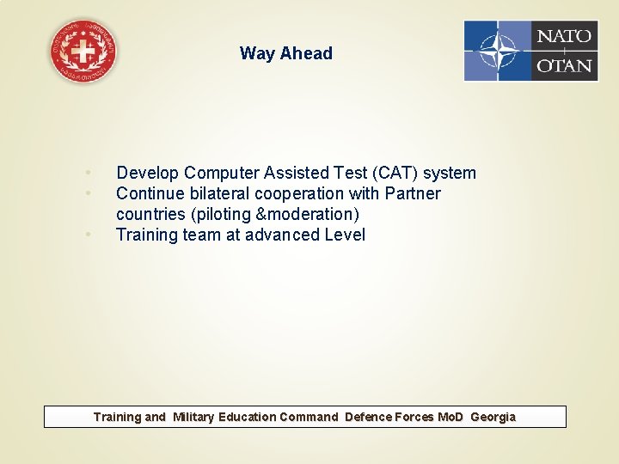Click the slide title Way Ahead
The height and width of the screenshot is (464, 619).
[285, 53]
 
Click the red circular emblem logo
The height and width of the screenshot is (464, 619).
[83, 52]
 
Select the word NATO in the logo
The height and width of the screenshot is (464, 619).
[564, 36]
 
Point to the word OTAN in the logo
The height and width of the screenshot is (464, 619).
[564, 65]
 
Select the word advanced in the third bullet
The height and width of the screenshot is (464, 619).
[282, 235]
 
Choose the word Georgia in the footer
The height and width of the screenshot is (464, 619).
[493, 417]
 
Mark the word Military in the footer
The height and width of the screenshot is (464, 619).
[193, 417]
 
